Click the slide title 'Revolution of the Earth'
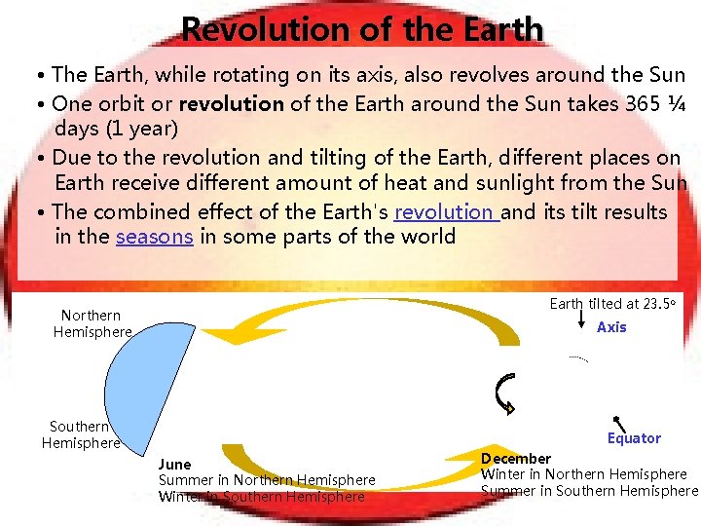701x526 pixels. pyautogui.click(x=362, y=29)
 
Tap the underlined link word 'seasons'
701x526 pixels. pyautogui.click(x=154, y=237)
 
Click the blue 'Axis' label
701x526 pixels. pyautogui.click(x=611, y=327)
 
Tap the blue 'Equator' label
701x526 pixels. pyautogui.click(x=634, y=438)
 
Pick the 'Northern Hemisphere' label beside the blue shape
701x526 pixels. pyautogui.click(x=92, y=323)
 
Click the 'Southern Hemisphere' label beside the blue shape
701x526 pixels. pyautogui.click(x=80, y=434)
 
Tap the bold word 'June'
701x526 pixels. pyautogui.click(x=175, y=464)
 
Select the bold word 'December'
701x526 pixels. pyautogui.click(x=516, y=458)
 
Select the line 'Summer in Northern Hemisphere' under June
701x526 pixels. pyautogui.click(x=267, y=480)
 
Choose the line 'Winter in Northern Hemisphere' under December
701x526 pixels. pyautogui.click(x=584, y=474)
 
